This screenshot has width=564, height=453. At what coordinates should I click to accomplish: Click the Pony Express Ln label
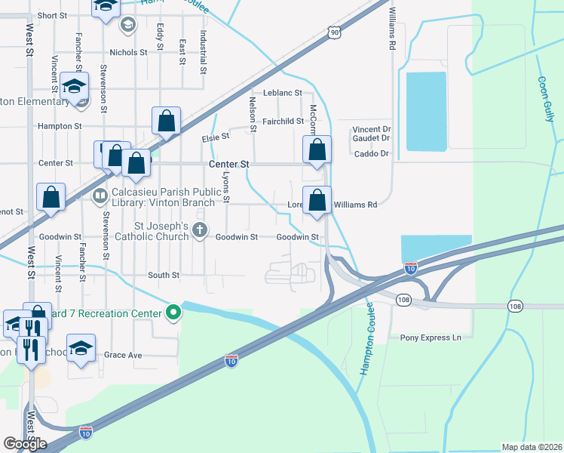click(430, 337)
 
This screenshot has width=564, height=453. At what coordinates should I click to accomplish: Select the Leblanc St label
click(283, 93)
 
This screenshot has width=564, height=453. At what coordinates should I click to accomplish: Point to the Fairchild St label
click(282, 122)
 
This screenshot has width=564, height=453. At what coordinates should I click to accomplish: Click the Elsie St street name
click(215, 138)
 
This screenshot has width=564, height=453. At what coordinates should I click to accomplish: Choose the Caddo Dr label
click(370, 154)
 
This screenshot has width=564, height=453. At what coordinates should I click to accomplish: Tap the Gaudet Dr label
click(371, 138)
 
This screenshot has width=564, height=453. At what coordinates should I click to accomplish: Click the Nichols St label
click(128, 53)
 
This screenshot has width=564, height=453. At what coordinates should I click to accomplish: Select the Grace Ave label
click(123, 355)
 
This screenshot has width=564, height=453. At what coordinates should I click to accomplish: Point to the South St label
click(164, 276)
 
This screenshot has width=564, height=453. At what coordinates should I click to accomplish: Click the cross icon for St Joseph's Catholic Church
click(200, 231)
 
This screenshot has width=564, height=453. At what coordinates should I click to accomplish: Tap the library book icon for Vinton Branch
click(100, 197)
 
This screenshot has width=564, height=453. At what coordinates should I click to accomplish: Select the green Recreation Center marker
click(173, 312)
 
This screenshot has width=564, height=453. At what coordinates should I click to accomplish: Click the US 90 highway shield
click(335, 32)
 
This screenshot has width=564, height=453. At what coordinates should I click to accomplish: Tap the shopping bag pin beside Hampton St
click(166, 121)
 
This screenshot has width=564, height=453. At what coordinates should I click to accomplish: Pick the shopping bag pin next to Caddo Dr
click(317, 149)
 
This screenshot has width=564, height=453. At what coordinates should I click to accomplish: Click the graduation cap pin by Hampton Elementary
click(75, 86)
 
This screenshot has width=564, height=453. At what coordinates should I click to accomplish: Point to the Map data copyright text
click(531, 447)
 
